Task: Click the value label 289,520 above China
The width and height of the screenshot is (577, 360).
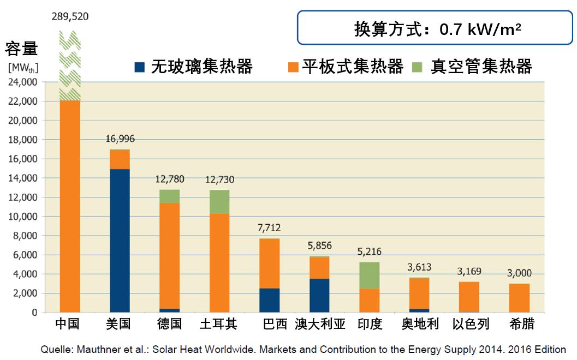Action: tap(70, 17)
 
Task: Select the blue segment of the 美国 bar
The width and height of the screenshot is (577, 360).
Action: tap(120, 240)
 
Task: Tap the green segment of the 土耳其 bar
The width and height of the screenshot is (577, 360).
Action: tap(219, 201)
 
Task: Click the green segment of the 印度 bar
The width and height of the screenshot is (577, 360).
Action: tap(369, 275)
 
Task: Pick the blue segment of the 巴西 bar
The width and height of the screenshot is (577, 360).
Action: tap(270, 300)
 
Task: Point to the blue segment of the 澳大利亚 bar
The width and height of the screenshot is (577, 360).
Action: tap(319, 295)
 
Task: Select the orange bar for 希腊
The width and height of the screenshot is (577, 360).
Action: tap(519, 298)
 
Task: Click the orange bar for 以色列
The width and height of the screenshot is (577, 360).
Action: tap(469, 297)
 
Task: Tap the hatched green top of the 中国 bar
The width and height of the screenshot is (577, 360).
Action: tap(70, 65)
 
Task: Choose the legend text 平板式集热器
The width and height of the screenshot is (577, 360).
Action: tap(352, 67)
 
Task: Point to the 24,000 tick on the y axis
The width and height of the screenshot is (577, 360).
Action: tap(22, 82)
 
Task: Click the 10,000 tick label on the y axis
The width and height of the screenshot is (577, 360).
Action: tap(22, 217)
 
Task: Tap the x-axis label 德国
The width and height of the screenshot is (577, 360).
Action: tap(169, 324)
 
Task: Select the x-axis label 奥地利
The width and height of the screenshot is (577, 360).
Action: tap(419, 324)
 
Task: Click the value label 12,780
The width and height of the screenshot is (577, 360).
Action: tap(169, 179)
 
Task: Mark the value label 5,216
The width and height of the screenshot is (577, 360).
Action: tap(369, 252)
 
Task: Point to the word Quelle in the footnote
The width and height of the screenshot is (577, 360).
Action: tap(58, 350)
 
